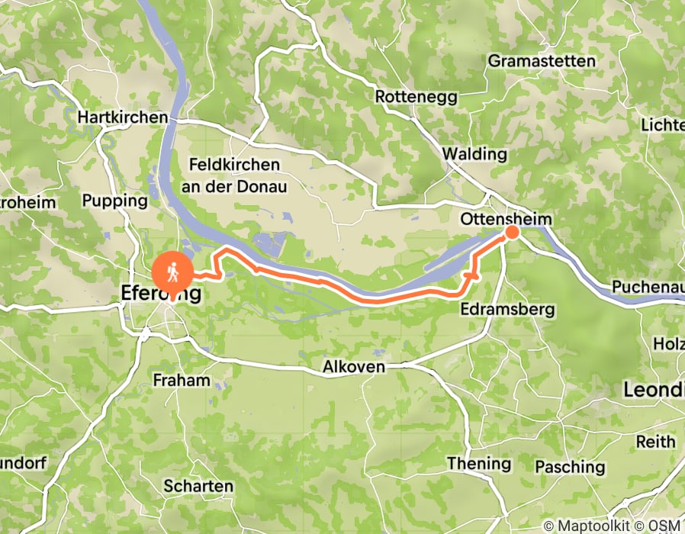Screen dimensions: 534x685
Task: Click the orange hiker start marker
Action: [173, 272]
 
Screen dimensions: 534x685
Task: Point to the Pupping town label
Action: [114, 201]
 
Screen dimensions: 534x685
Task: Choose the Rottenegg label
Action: [405, 97]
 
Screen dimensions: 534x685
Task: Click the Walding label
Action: [474, 154]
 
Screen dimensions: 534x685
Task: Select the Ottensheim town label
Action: [506, 219]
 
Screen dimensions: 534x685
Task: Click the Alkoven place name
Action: [354, 367]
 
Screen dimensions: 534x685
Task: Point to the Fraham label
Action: [181, 380]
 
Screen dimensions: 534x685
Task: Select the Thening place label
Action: [478, 463]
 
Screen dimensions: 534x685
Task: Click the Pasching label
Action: [571, 466]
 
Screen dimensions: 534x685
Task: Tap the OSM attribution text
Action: [665, 526]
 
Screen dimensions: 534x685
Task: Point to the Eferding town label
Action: [161, 293]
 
